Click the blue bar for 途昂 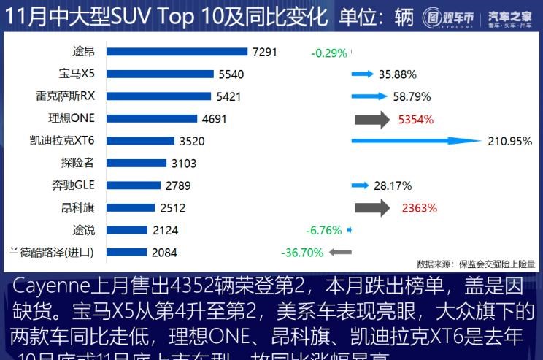(177, 52)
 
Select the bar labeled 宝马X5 (160, 74)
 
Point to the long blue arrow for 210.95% (416, 141)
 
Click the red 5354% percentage (416, 119)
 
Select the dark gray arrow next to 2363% (372, 208)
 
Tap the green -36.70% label (301, 253)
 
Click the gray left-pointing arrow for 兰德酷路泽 (340, 253)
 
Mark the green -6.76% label (325, 230)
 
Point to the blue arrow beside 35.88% (362, 74)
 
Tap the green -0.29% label (329, 53)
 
